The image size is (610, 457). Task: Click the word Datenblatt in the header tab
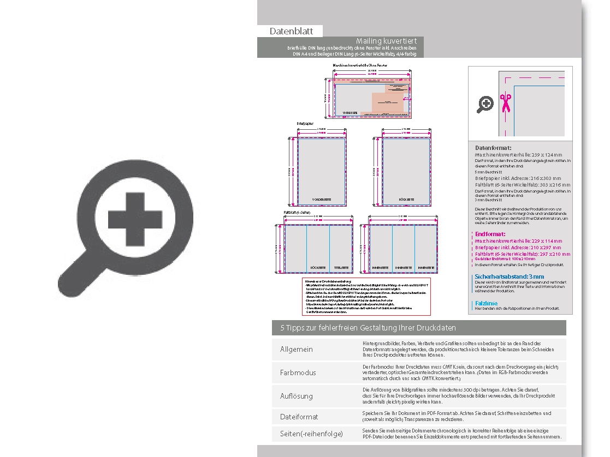click(291, 32)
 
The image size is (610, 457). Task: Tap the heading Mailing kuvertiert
click(386, 41)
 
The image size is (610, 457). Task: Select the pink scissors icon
click(506, 103)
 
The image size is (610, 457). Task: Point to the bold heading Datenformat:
click(493, 148)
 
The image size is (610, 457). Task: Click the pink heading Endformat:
click(490, 234)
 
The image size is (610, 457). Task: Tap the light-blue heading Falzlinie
click(486, 303)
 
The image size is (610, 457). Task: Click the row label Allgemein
click(297, 349)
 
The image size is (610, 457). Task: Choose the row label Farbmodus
click(298, 372)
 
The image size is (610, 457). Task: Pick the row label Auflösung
click(297, 396)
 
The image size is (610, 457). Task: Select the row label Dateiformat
click(299, 417)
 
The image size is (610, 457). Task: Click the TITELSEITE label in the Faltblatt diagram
click(341, 268)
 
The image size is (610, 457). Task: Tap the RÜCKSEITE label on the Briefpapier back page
click(406, 200)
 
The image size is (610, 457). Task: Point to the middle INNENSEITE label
click(403, 268)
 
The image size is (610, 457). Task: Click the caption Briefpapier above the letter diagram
click(306, 124)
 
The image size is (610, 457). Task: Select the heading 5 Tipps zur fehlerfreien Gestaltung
click(368, 328)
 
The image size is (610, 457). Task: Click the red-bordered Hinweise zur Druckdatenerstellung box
click(366, 296)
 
